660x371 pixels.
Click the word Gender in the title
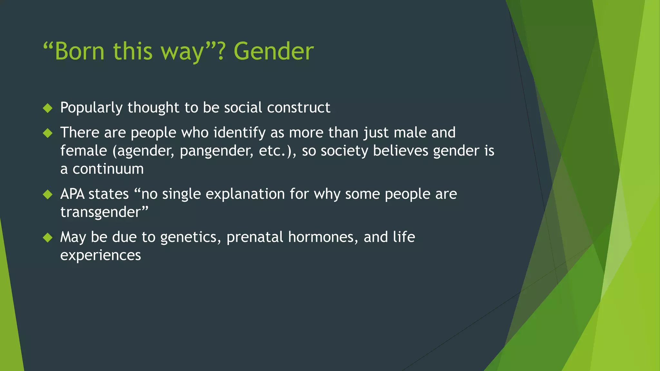[273, 52]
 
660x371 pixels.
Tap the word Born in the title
[80, 52]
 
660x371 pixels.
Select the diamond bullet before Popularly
[48, 108]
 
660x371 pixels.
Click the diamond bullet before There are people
[48, 133]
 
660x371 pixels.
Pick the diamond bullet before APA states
[48, 194]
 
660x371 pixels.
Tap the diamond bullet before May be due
[48, 238]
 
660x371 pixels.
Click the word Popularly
[91, 108]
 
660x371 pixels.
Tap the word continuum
[108, 169]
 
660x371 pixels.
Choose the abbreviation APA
[72, 194]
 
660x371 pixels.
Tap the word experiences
[101, 255]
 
